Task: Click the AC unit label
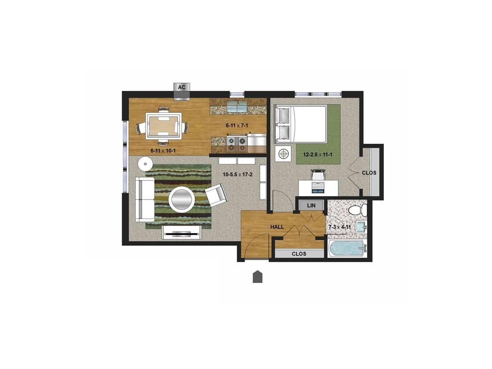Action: pyautogui.click(x=182, y=87)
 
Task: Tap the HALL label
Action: pyautogui.click(x=277, y=227)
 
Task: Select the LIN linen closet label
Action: pyautogui.click(x=311, y=206)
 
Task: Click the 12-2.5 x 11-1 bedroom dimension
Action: pyautogui.click(x=318, y=154)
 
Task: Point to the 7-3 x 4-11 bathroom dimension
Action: pyautogui.click(x=340, y=227)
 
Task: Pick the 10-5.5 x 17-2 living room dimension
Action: pyautogui.click(x=237, y=174)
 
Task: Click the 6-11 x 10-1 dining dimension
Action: pyautogui.click(x=163, y=150)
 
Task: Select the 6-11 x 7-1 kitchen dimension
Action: pyautogui.click(x=237, y=125)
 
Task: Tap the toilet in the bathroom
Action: pyautogui.click(x=358, y=209)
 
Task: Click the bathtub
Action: pyautogui.click(x=347, y=248)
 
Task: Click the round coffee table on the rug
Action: pyautogui.click(x=182, y=199)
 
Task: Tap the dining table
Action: pyautogui.click(x=163, y=125)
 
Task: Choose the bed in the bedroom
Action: pyautogui.click(x=301, y=124)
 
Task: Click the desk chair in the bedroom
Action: pyautogui.click(x=318, y=173)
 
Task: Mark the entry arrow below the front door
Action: pyautogui.click(x=258, y=276)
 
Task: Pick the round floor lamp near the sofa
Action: pyautogui.click(x=145, y=163)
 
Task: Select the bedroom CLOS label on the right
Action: pyautogui.click(x=369, y=172)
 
